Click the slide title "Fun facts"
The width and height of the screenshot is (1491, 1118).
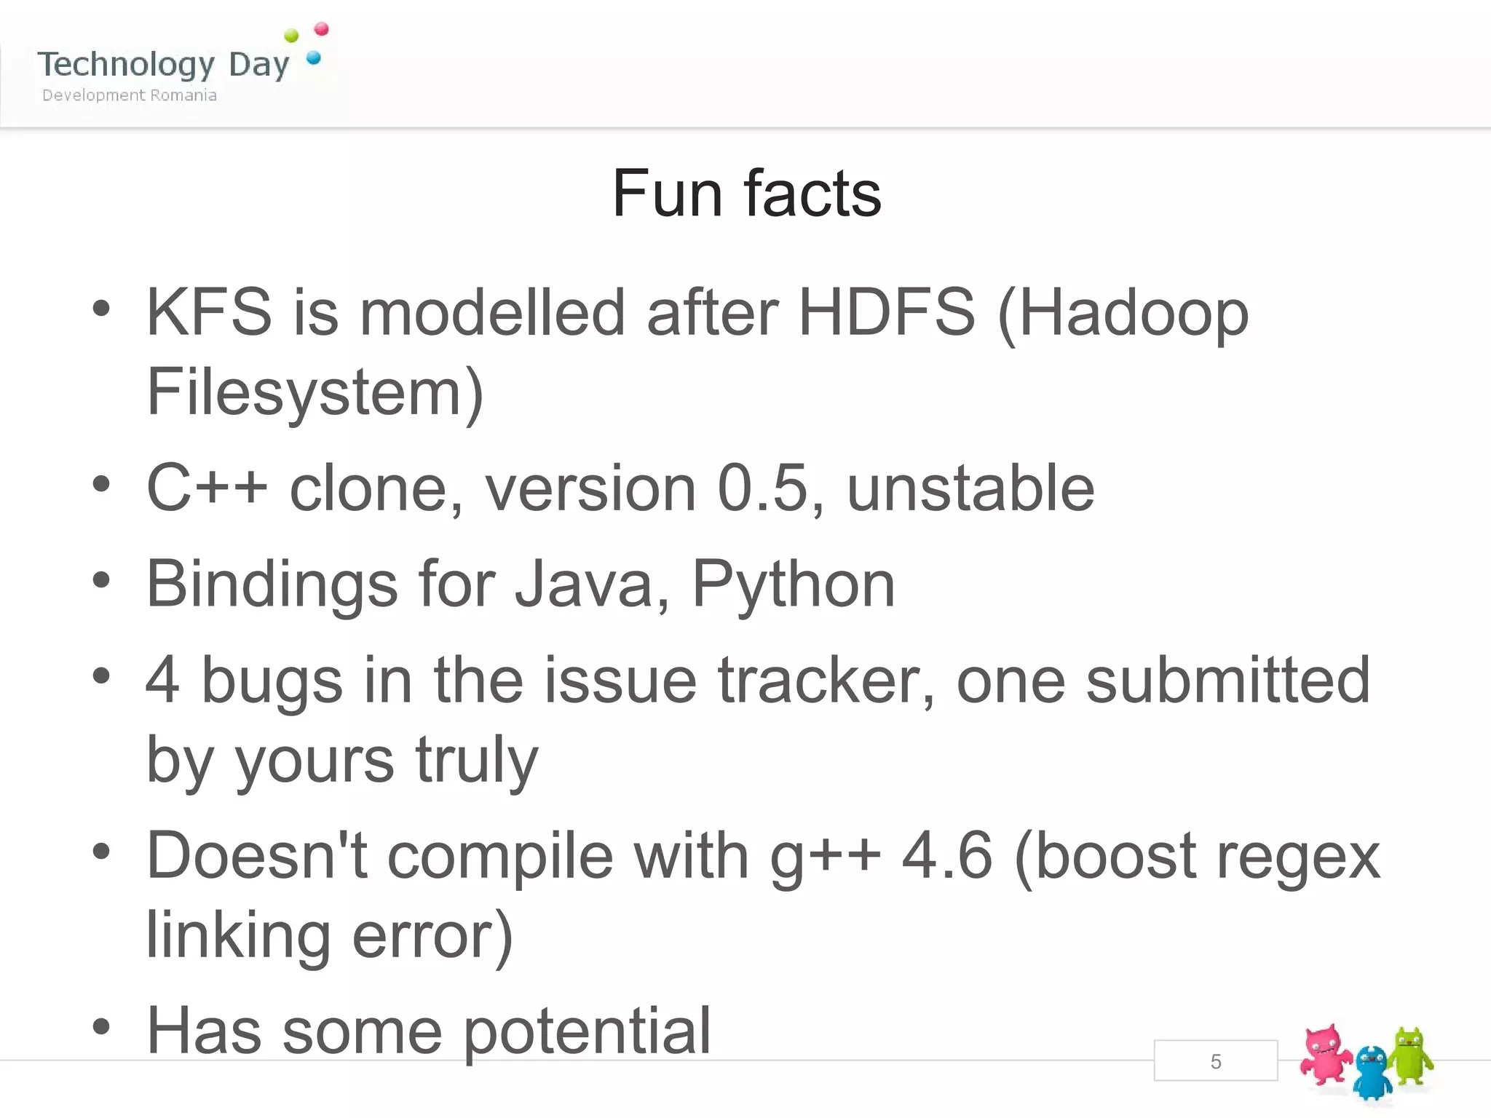[x=746, y=194]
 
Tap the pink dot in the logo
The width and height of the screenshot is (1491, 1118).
[x=321, y=30]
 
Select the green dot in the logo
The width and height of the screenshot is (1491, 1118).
[x=291, y=36]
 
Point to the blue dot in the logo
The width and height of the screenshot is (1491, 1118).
[x=314, y=58]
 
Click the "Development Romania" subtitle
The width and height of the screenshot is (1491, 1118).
[x=130, y=95]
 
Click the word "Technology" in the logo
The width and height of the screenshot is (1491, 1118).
[x=126, y=65]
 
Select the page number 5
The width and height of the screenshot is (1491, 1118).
[x=1215, y=1061]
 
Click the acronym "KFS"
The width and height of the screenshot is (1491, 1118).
[x=209, y=312]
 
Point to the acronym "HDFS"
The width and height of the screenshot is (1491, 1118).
[x=886, y=312]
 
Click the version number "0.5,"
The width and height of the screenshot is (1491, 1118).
[x=771, y=488]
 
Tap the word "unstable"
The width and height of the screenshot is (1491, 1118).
[x=970, y=488]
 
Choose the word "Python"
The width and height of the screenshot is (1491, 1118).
[x=793, y=584]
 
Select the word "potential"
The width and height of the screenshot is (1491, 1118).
[x=587, y=1031]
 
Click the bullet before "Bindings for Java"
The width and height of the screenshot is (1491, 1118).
[x=101, y=580]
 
